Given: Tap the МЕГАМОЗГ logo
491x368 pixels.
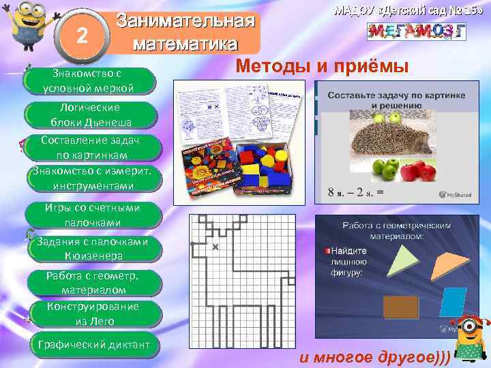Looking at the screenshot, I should tap(416, 31).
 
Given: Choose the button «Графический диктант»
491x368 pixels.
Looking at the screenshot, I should tap(94, 344).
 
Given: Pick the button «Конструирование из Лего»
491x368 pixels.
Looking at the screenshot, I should tap(93, 313).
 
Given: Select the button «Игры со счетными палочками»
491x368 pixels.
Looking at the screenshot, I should tap(93, 215).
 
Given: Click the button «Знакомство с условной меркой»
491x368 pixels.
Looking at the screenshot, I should tap(89, 80).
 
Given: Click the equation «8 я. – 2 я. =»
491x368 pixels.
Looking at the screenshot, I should tap(357, 192).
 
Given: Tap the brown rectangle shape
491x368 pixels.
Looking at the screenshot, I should tap(400, 308).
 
